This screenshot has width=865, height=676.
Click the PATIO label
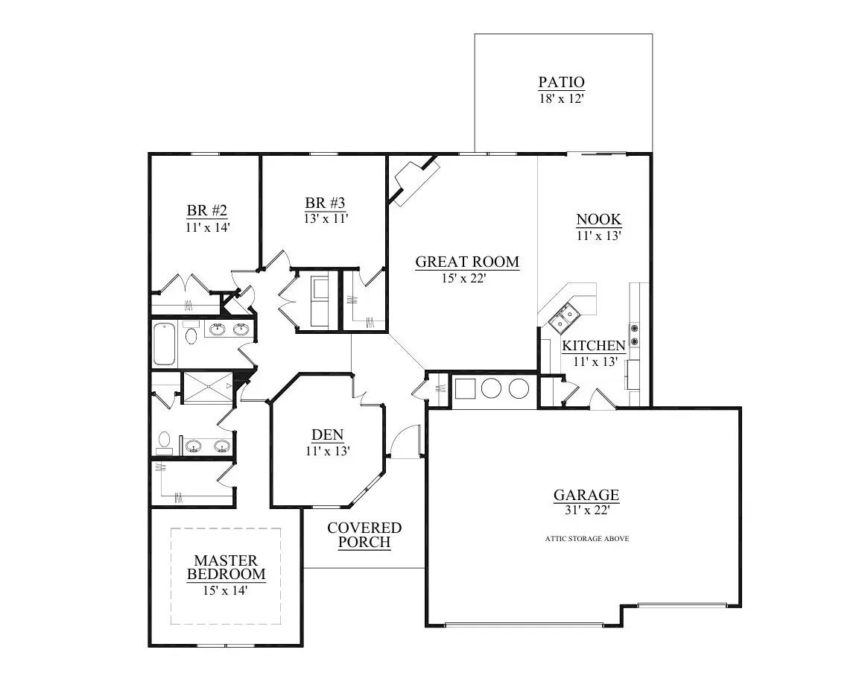click(x=562, y=82)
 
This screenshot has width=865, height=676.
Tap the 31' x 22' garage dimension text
click(x=586, y=511)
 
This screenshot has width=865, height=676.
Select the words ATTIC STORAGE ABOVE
click(x=586, y=538)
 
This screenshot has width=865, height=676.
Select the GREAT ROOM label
click(x=466, y=262)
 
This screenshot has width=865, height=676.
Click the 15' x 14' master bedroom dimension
click(x=224, y=590)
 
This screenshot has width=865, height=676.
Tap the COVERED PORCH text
click(x=364, y=534)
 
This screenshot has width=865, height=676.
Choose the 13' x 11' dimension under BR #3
click(x=326, y=218)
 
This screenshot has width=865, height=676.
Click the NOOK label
click(x=598, y=219)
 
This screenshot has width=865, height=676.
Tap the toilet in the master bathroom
click(x=164, y=442)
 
